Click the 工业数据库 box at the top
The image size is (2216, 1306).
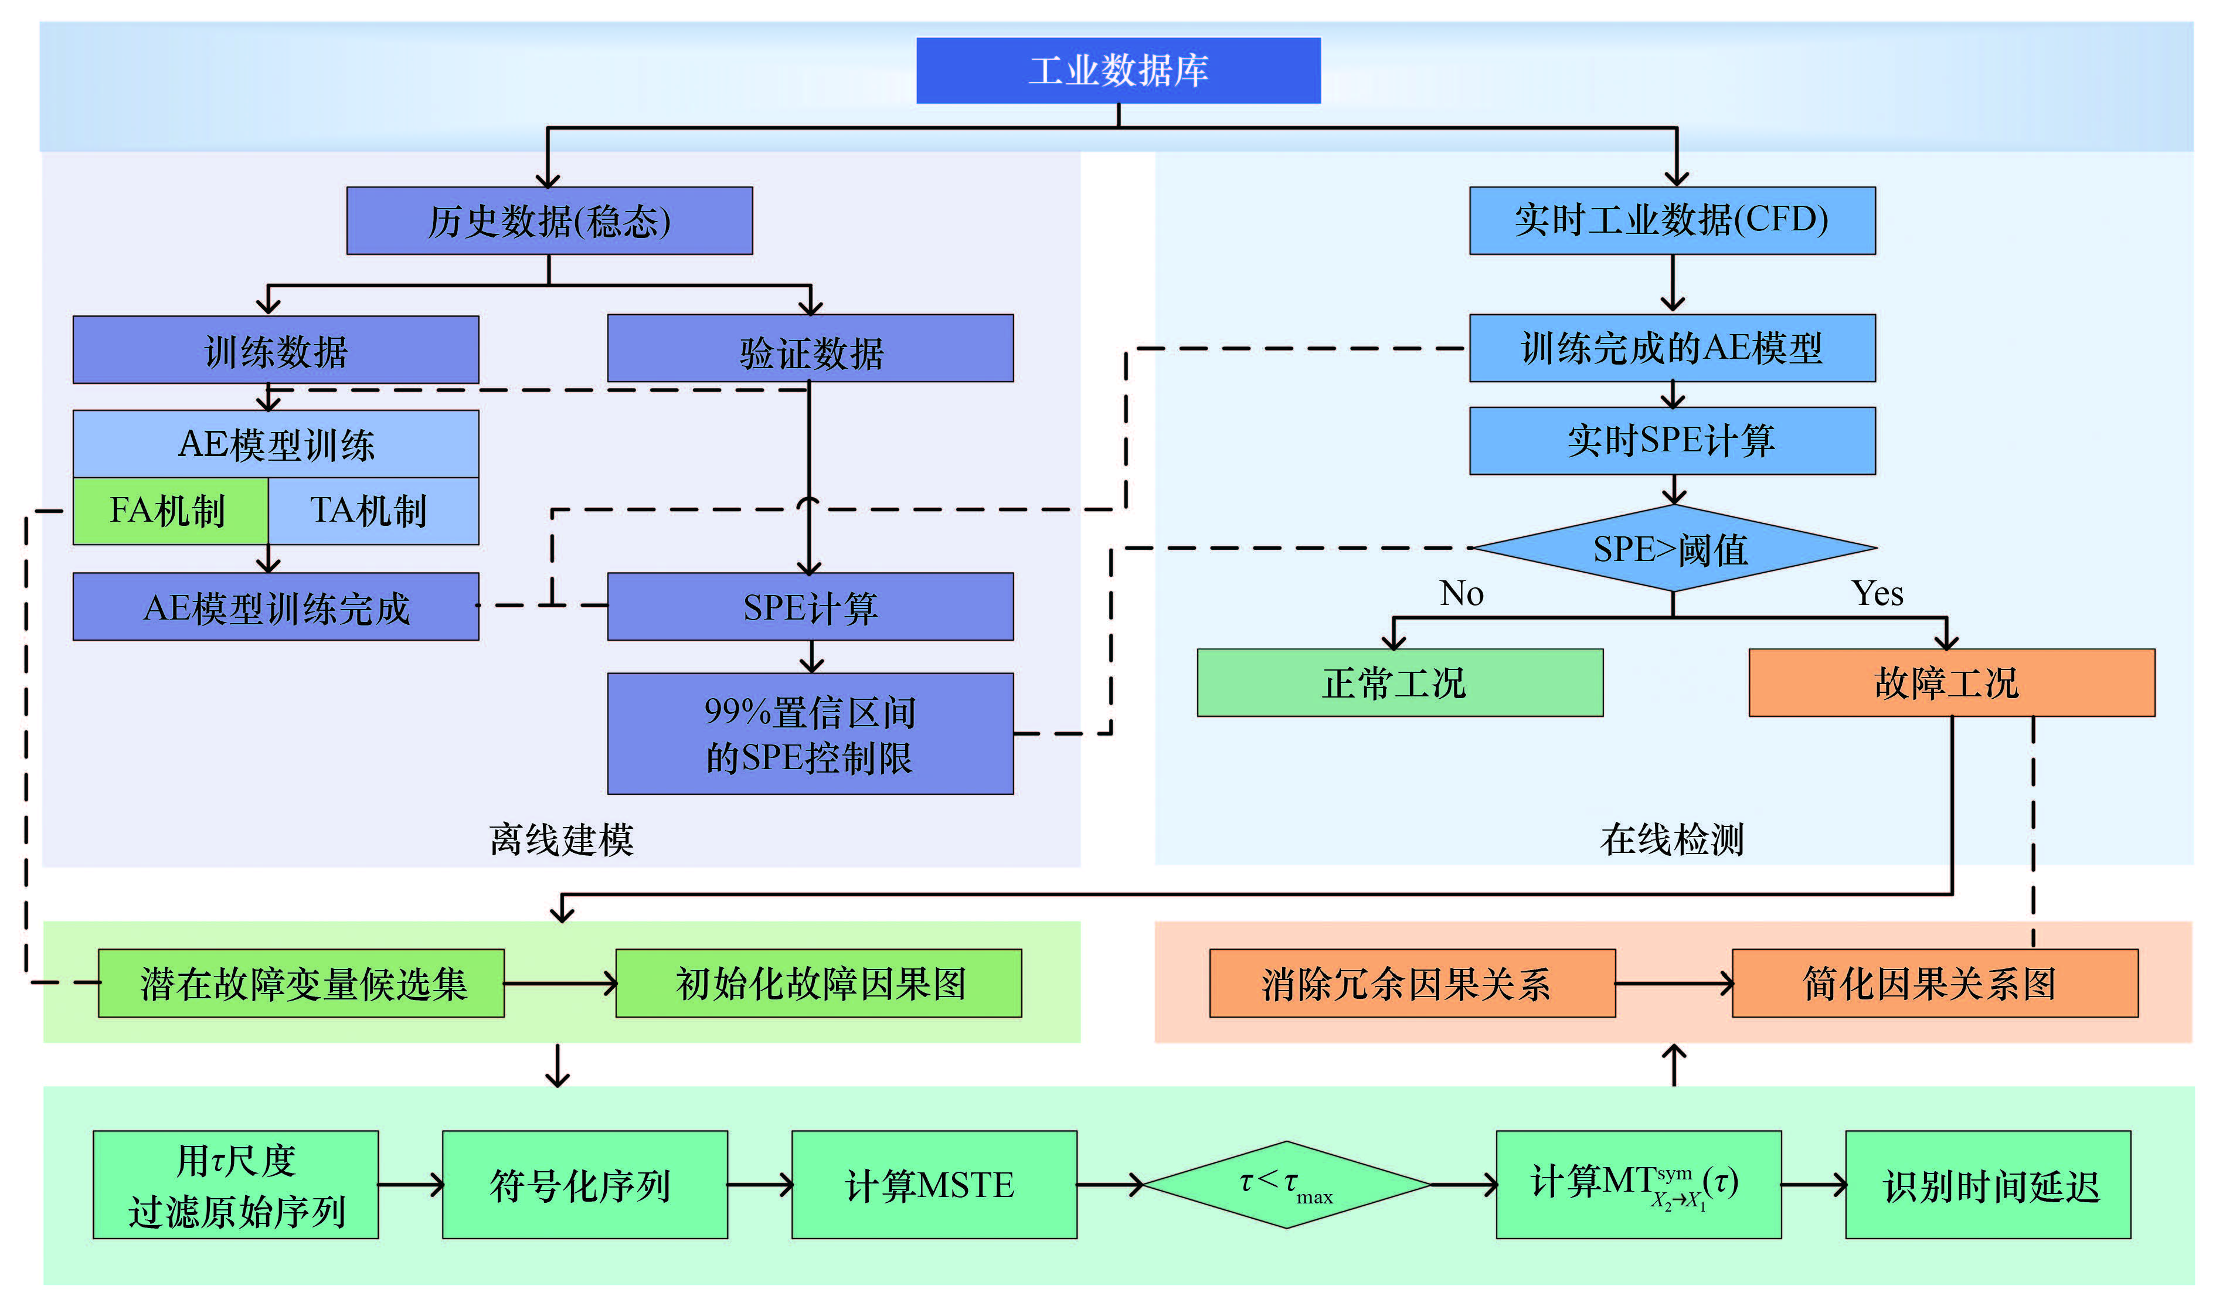pyautogui.click(x=1118, y=70)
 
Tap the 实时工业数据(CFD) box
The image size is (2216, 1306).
pyautogui.click(x=1671, y=220)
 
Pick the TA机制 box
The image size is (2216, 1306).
pyautogui.click(x=372, y=511)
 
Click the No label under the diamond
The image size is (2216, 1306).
pyautogui.click(x=1461, y=594)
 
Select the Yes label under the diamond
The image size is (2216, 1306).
pyautogui.click(x=1877, y=594)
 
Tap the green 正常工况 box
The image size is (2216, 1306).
pyautogui.click(x=1399, y=683)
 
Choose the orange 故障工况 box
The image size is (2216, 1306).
pyautogui.click(x=1951, y=683)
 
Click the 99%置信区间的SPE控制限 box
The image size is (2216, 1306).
pyautogui.click(x=810, y=734)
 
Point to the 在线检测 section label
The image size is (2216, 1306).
pyautogui.click(x=1671, y=839)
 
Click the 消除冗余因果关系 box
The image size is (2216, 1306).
pyautogui.click(x=1412, y=983)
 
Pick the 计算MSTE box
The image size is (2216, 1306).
pyautogui.click(x=934, y=1185)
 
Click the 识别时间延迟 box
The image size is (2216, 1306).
pyautogui.click(x=1987, y=1185)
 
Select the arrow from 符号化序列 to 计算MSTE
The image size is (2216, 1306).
pyautogui.click(x=760, y=1185)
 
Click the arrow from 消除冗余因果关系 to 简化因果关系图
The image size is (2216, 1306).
pyautogui.click(x=1673, y=983)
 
